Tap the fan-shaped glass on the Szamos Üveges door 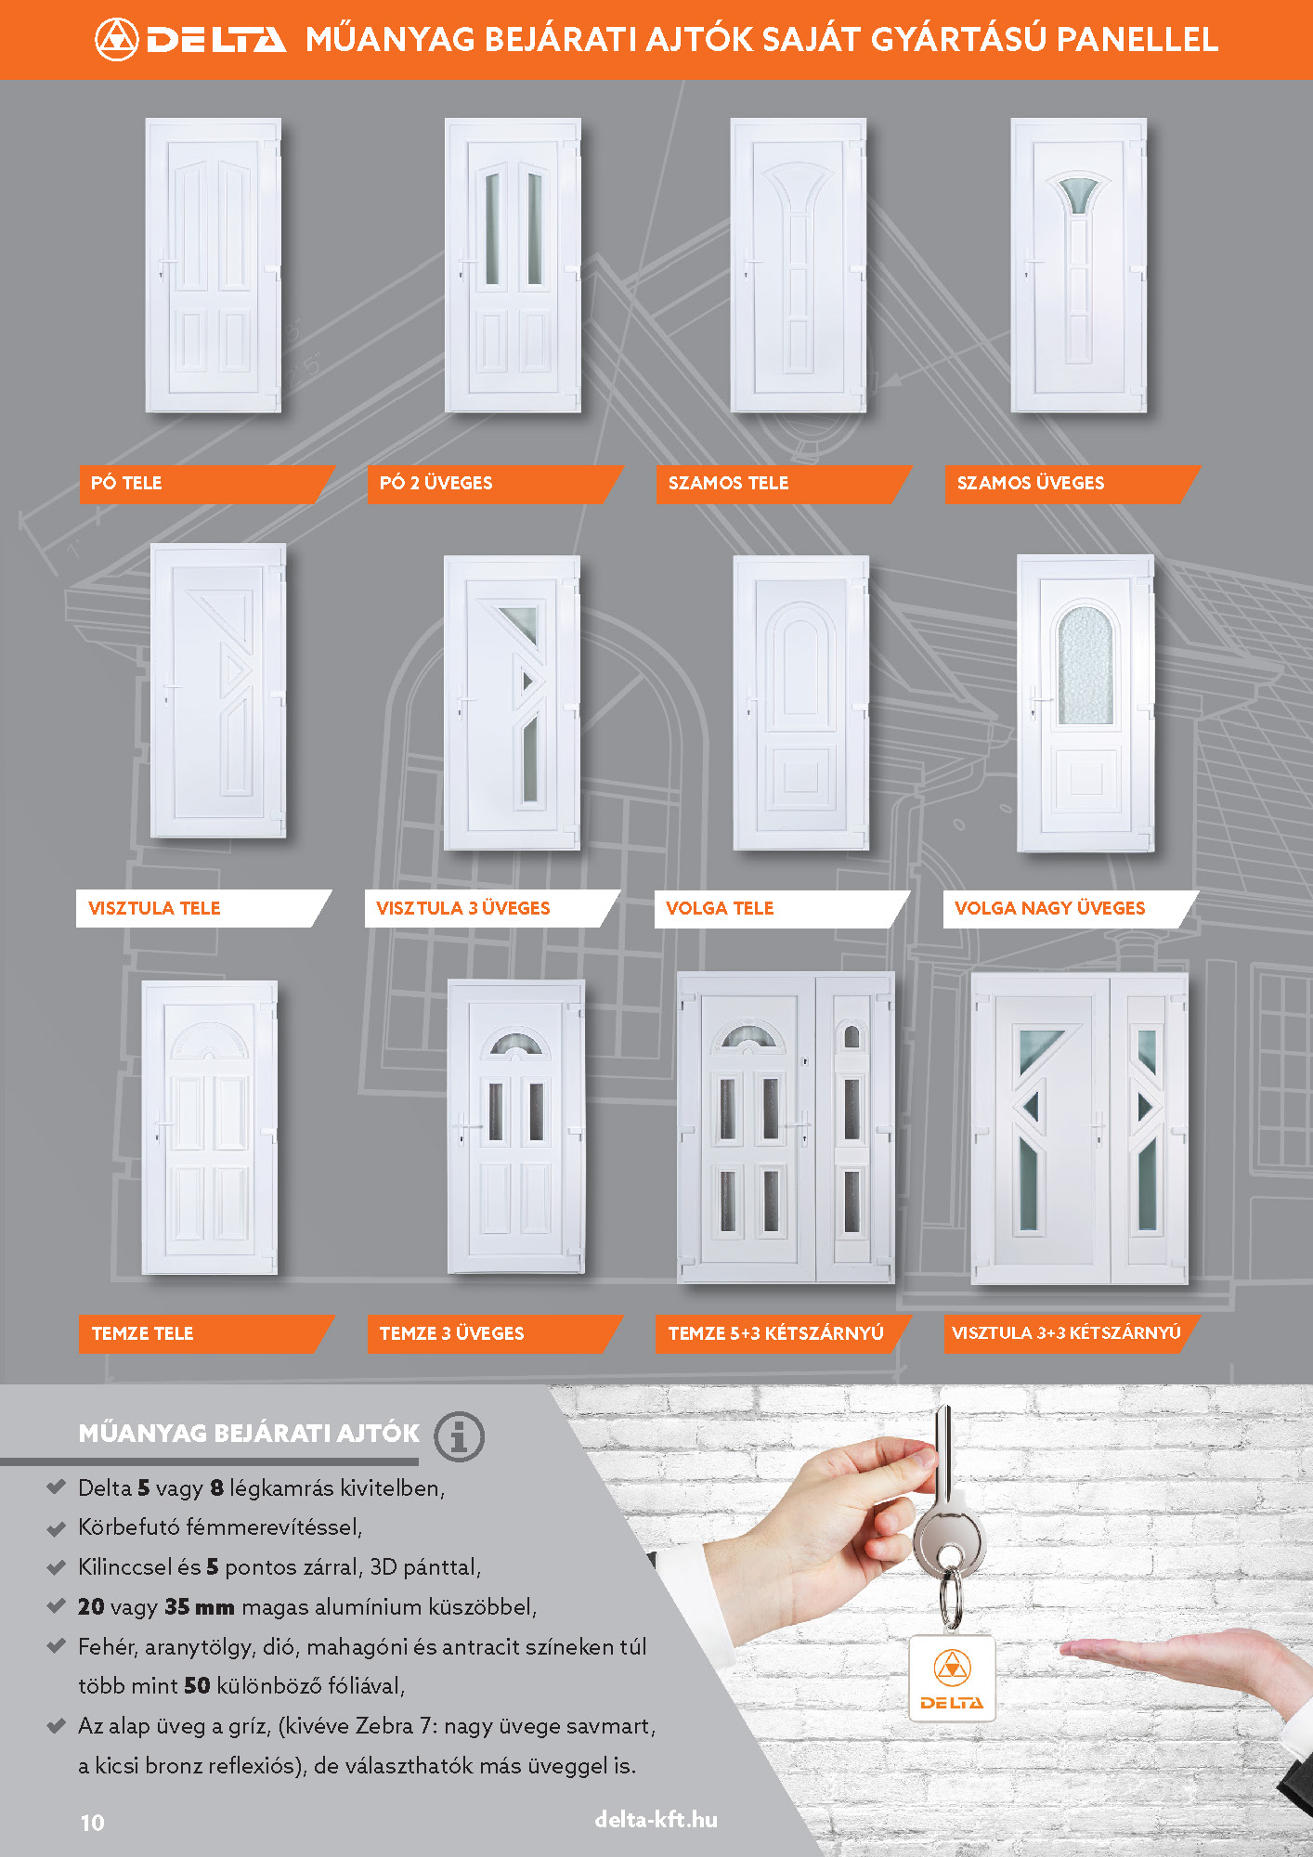[x=1077, y=193]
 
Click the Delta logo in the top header [x=190, y=39]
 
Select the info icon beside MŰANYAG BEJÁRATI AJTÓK [x=459, y=1435]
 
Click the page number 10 [x=93, y=1822]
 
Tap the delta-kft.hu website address [x=656, y=1819]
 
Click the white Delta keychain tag [x=952, y=1678]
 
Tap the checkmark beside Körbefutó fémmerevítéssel [x=56, y=1527]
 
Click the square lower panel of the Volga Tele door [x=800, y=774]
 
